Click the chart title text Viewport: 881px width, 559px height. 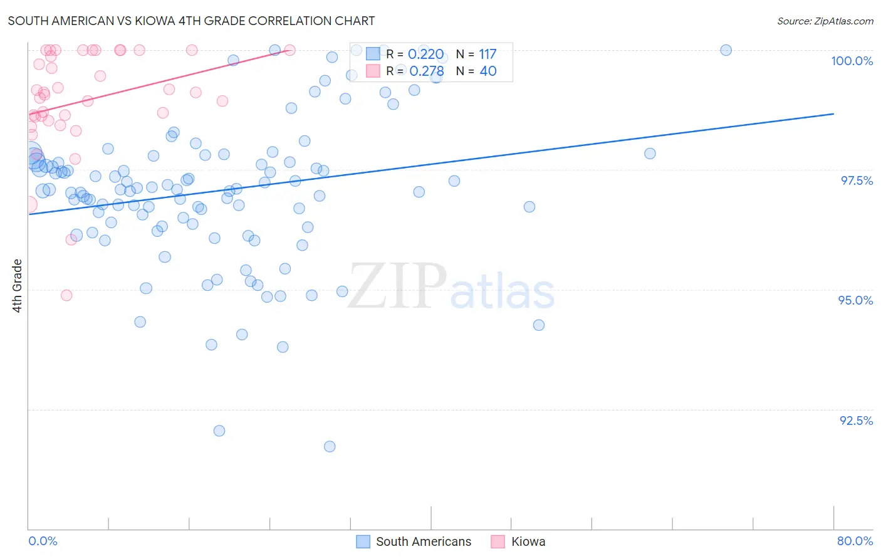point(191,21)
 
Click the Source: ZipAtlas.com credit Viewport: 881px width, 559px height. point(825,21)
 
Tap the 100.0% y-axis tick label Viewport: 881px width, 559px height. point(852,61)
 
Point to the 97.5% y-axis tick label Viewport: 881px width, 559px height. point(856,180)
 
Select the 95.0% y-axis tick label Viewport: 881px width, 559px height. point(855,300)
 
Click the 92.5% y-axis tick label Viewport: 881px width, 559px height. point(856,421)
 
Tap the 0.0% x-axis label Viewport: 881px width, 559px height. point(43,541)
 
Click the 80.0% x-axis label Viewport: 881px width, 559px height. point(855,541)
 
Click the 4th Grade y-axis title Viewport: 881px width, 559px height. point(17,285)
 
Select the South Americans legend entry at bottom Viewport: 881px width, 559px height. point(423,541)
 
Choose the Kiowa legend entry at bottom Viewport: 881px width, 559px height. point(528,541)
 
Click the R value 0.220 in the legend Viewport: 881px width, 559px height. point(425,55)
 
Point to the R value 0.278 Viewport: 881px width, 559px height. point(426,71)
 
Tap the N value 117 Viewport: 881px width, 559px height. point(487,55)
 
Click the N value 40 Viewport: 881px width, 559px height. point(487,71)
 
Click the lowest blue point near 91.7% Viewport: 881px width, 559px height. point(330,446)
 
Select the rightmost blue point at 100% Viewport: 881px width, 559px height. point(726,50)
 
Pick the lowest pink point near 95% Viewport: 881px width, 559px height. point(66,295)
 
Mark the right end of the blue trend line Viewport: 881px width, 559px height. point(833,114)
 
